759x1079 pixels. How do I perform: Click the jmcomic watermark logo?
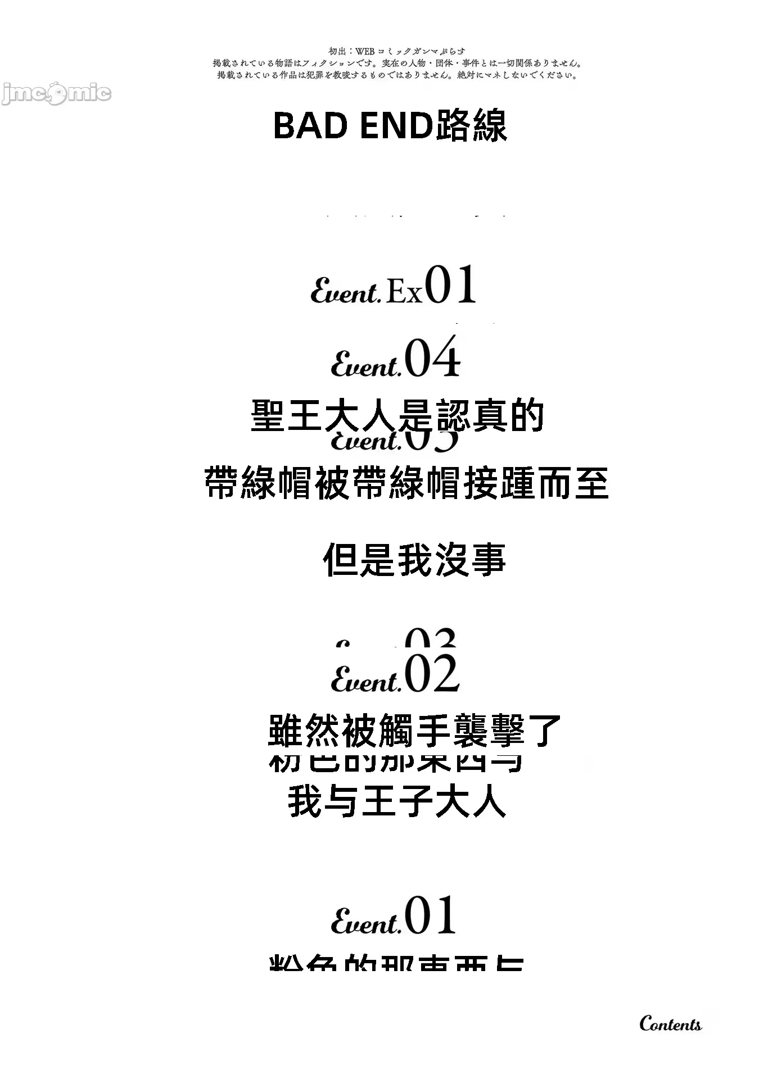pos(56,93)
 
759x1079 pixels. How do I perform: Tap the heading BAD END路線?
pos(390,126)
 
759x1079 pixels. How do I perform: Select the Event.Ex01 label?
pos(394,287)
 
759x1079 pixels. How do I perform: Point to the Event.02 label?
pos(395,673)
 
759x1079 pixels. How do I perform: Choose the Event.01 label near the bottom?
pos(394,916)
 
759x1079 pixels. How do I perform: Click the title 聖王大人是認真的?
pos(397,416)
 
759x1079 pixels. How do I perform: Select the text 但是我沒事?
pos(414,560)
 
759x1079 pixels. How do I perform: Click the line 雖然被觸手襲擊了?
pos(415,731)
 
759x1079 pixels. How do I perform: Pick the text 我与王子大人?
pos(397,801)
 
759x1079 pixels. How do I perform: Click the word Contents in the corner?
pos(670,1024)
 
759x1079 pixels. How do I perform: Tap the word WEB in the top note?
pos(365,52)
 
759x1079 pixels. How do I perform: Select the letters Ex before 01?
pos(404,292)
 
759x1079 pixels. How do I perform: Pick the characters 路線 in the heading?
pos(471,126)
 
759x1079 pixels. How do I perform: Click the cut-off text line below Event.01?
pos(397,962)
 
